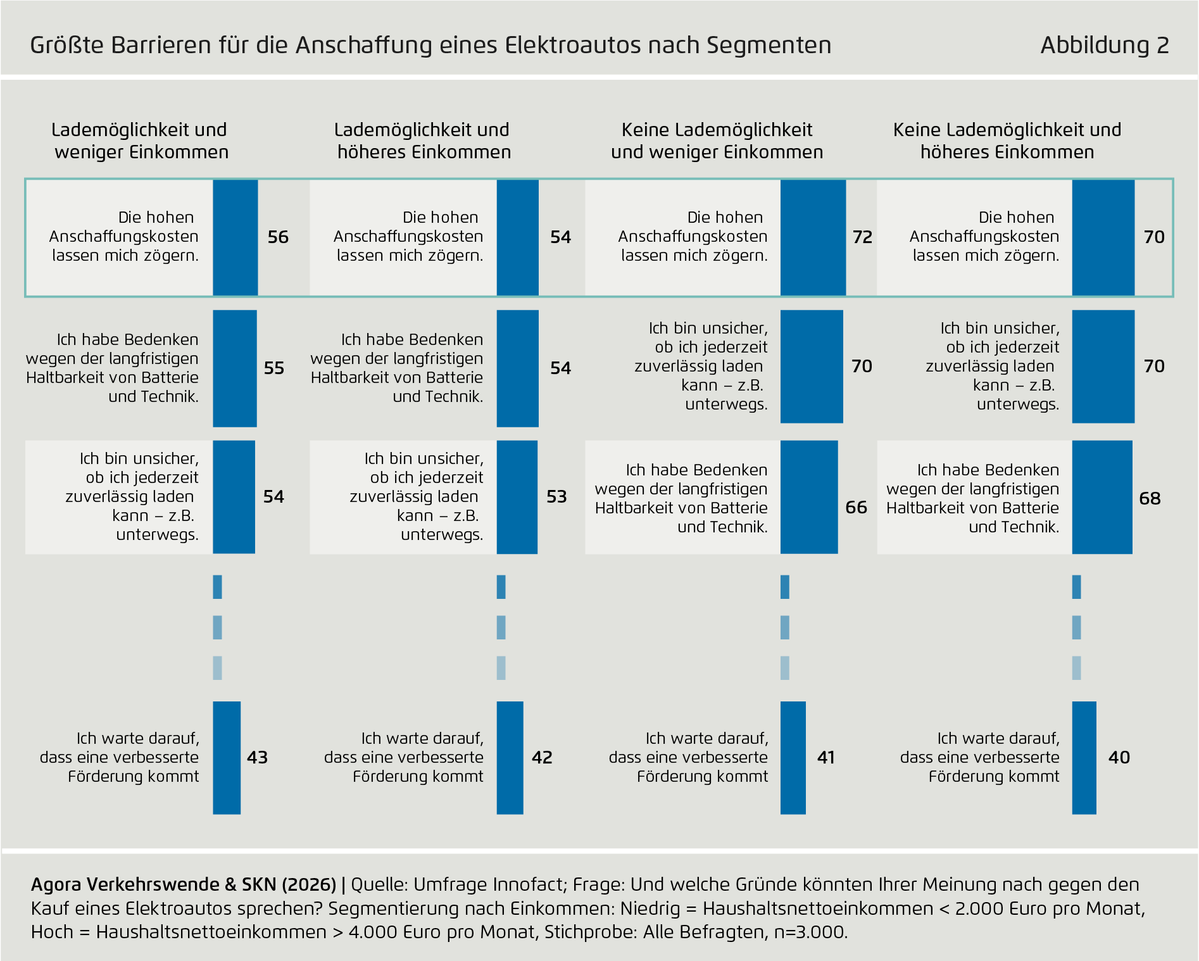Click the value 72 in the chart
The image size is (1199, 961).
coord(862,237)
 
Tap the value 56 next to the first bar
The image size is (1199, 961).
coord(278,237)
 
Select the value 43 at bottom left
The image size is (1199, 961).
coord(257,758)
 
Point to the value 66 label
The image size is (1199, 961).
coord(856,508)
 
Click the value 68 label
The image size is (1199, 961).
coord(1150,499)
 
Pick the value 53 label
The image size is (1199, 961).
coord(556,497)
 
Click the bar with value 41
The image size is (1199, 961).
coord(793,758)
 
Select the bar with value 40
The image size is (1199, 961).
coord(1084,758)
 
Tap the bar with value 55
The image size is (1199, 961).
coord(235,368)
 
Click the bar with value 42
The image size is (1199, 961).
coord(510,758)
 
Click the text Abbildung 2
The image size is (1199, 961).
coord(1104,46)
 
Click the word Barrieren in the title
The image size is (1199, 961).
coord(163,46)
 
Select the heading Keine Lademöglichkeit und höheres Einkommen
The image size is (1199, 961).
coord(1007,141)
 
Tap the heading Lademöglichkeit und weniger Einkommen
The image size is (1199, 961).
coord(140,141)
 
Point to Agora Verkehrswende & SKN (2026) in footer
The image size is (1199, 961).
coord(184,885)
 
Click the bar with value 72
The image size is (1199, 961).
coord(813,237)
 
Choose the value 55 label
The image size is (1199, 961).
coord(273,368)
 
